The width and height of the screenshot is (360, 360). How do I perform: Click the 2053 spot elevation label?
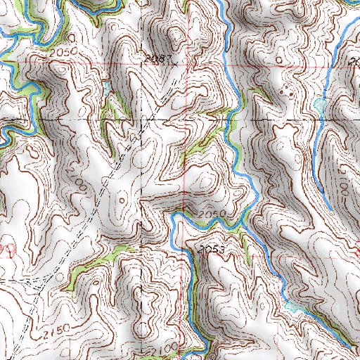(x=212, y=249)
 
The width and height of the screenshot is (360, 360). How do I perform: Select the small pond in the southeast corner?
(x=295, y=307)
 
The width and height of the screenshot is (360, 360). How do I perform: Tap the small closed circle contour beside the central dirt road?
(x=123, y=200)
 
